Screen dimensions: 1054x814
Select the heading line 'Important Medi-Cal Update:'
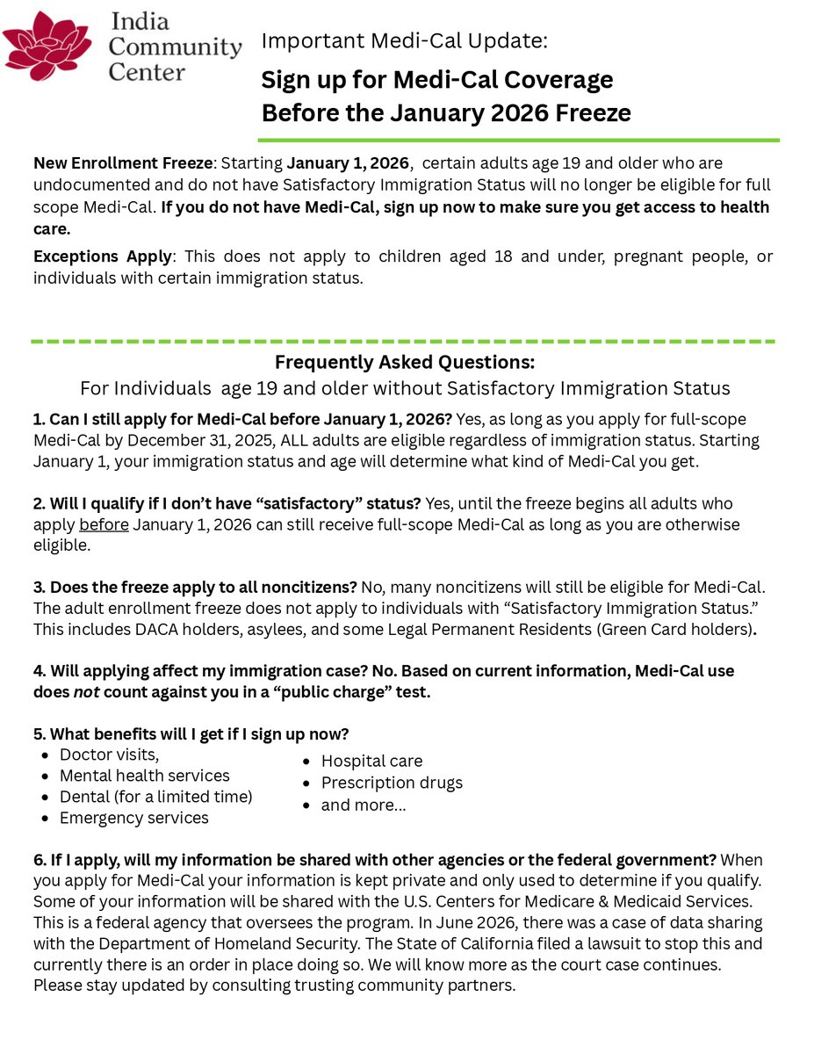click(405, 40)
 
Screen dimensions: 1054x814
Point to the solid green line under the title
click(518, 140)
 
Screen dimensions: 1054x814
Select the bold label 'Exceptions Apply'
click(101, 256)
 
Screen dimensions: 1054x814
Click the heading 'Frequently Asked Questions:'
click(405, 362)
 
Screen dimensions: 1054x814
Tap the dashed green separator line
click(404, 341)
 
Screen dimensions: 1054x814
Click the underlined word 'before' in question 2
click(104, 525)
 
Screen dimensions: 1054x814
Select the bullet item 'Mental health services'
click(144, 776)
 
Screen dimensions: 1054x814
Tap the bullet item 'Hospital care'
click(371, 762)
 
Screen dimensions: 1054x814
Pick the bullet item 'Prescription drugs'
click(392, 783)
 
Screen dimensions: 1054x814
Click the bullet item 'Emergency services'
click(133, 819)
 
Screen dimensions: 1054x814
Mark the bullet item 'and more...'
click(364, 805)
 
